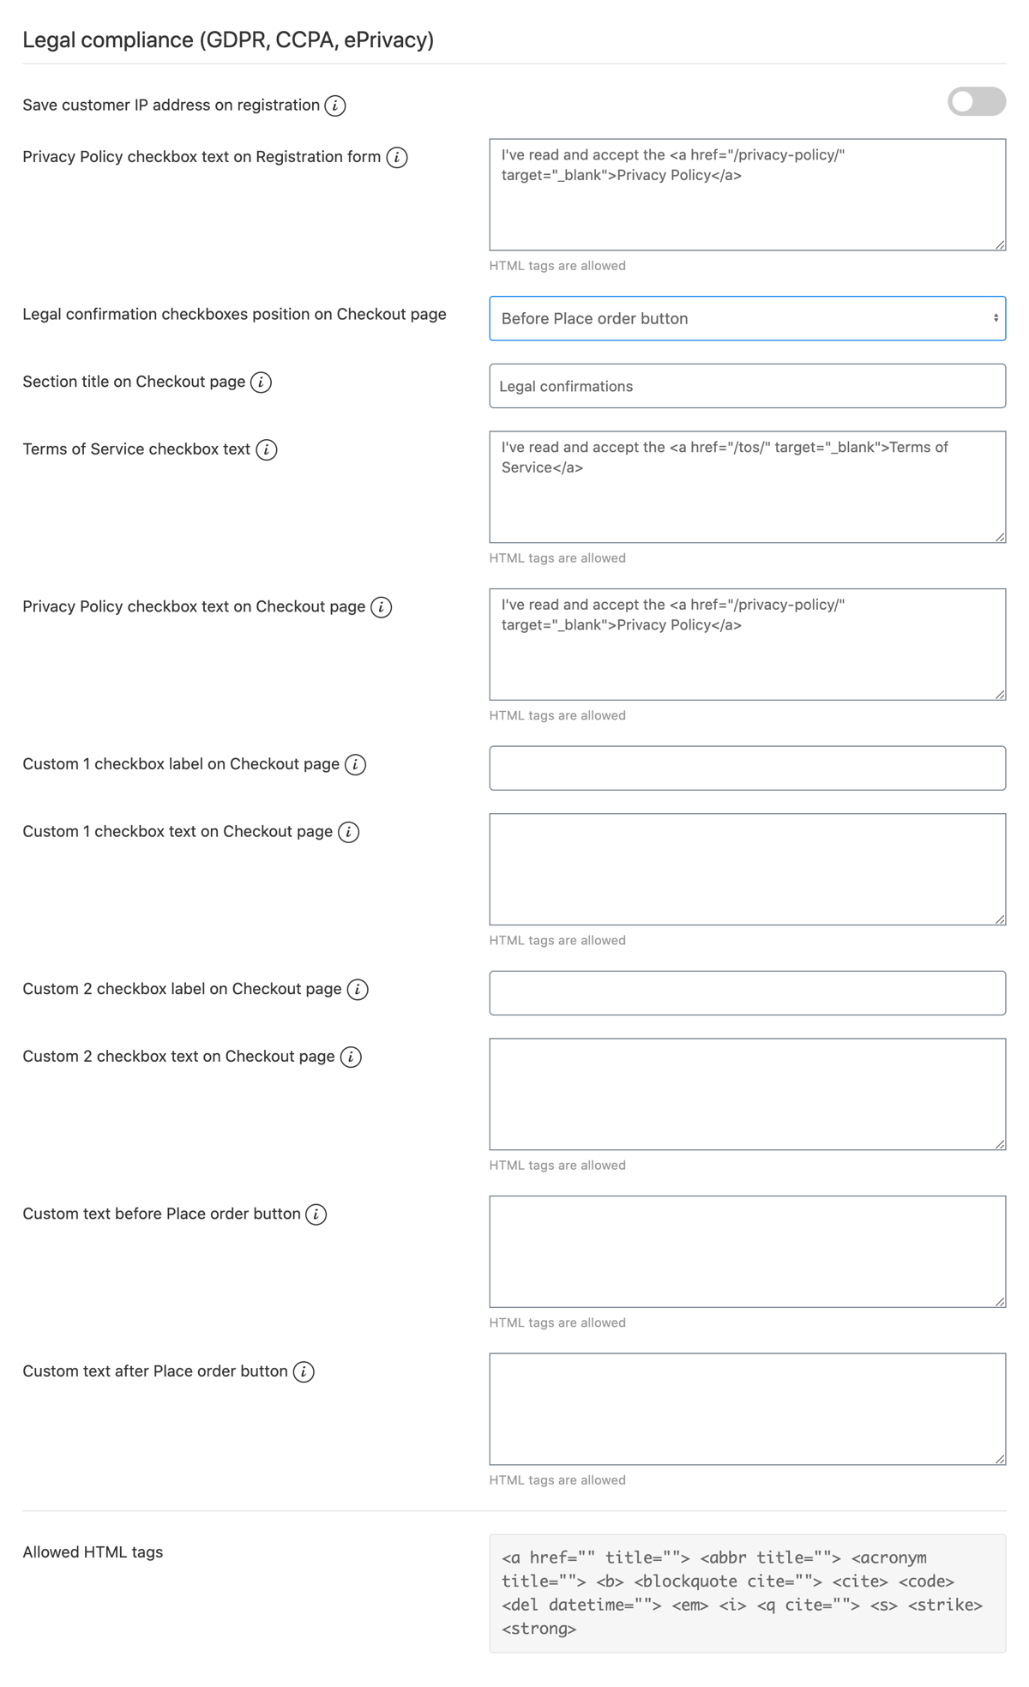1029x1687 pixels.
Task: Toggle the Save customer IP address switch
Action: [976, 101]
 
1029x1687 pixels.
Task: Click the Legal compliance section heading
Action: [228, 40]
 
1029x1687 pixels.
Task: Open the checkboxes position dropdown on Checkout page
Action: [747, 318]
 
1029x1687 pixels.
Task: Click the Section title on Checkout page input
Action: [747, 386]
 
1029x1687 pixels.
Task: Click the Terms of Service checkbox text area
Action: [747, 486]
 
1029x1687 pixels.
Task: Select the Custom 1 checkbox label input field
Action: [747, 768]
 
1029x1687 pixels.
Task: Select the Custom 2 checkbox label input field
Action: [747, 992]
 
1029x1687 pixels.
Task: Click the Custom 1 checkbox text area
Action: [747, 869]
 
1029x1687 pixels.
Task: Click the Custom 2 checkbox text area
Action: [747, 1094]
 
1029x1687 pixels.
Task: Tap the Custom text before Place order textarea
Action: [747, 1251]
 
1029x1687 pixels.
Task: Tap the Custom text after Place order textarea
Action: [747, 1408]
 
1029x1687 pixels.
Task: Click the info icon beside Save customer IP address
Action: [335, 105]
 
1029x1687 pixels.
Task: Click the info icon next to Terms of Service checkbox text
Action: [267, 449]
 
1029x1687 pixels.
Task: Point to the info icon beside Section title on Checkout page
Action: [262, 382]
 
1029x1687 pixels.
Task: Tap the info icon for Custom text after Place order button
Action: [304, 1371]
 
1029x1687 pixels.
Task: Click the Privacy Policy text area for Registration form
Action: [747, 195]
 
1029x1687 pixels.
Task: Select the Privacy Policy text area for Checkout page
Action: [747, 644]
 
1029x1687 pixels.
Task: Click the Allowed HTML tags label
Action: [93, 1551]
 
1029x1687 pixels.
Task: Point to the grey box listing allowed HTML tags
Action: [747, 1593]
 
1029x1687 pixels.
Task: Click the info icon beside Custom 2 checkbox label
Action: [358, 989]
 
